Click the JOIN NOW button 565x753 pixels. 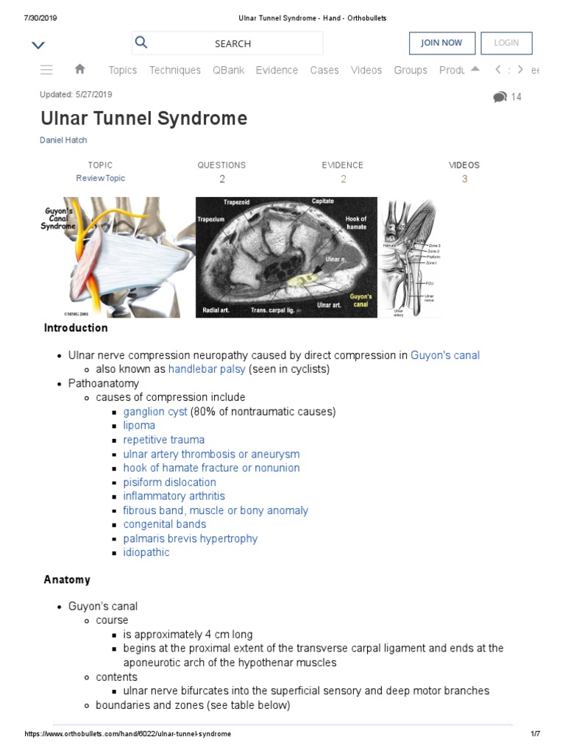click(x=441, y=43)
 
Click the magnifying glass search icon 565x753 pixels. click(x=141, y=43)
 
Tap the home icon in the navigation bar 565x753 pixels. click(x=80, y=69)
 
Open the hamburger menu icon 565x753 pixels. click(x=46, y=70)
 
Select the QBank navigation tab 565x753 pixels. click(x=228, y=70)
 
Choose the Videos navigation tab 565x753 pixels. click(x=366, y=70)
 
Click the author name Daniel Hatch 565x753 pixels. click(x=63, y=140)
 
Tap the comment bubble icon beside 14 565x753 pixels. click(x=500, y=97)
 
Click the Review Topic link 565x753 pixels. click(x=101, y=178)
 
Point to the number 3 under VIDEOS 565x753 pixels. click(x=464, y=179)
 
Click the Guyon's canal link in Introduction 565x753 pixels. click(x=445, y=355)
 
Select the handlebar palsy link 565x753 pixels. click(x=207, y=369)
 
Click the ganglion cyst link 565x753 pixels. click(x=155, y=411)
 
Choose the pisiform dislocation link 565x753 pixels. click(x=170, y=482)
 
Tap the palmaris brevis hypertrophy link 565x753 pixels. click(x=191, y=538)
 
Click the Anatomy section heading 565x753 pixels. click(x=67, y=579)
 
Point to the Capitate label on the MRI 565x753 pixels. click(x=322, y=201)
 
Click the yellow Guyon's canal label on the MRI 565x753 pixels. click(x=360, y=301)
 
